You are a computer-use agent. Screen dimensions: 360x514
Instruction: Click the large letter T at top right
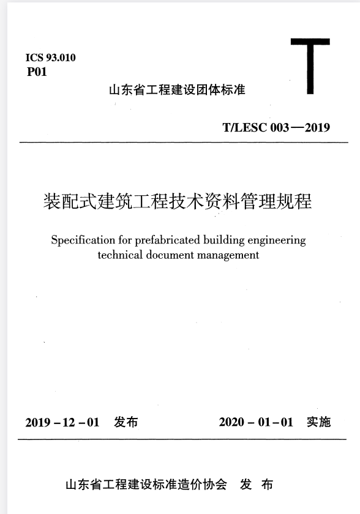point(310,65)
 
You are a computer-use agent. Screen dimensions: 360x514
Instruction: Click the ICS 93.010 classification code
point(51,58)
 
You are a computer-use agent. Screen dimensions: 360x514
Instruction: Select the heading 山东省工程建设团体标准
point(176,90)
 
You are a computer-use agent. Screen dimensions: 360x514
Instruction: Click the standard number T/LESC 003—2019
point(276,128)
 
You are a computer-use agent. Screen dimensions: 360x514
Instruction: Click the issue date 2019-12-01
point(62,422)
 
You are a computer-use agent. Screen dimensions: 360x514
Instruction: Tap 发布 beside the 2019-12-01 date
point(126,422)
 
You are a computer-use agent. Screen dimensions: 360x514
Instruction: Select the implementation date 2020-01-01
point(256,422)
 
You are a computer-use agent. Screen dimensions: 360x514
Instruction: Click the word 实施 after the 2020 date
point(318,422)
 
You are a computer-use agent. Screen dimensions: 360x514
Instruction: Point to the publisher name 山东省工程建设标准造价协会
point(146,485)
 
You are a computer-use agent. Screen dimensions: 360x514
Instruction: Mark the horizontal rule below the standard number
point(184,143)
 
